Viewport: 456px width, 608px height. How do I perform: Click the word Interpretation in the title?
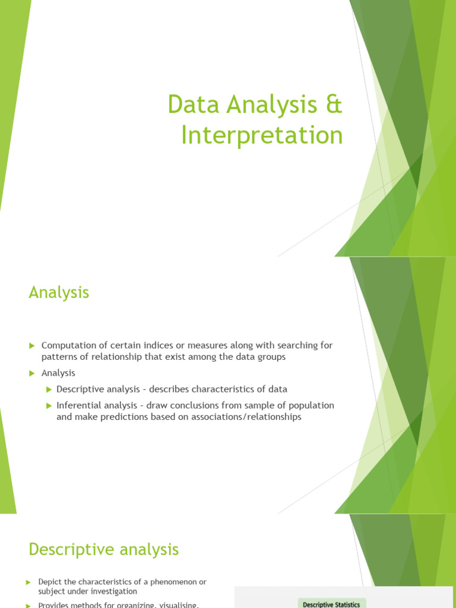(x=262, y=135)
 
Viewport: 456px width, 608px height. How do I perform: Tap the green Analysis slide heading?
(x=59, y=292)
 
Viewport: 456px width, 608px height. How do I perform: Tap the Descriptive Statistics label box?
(x=331, y=604)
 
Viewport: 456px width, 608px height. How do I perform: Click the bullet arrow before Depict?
(x=28, y=582)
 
